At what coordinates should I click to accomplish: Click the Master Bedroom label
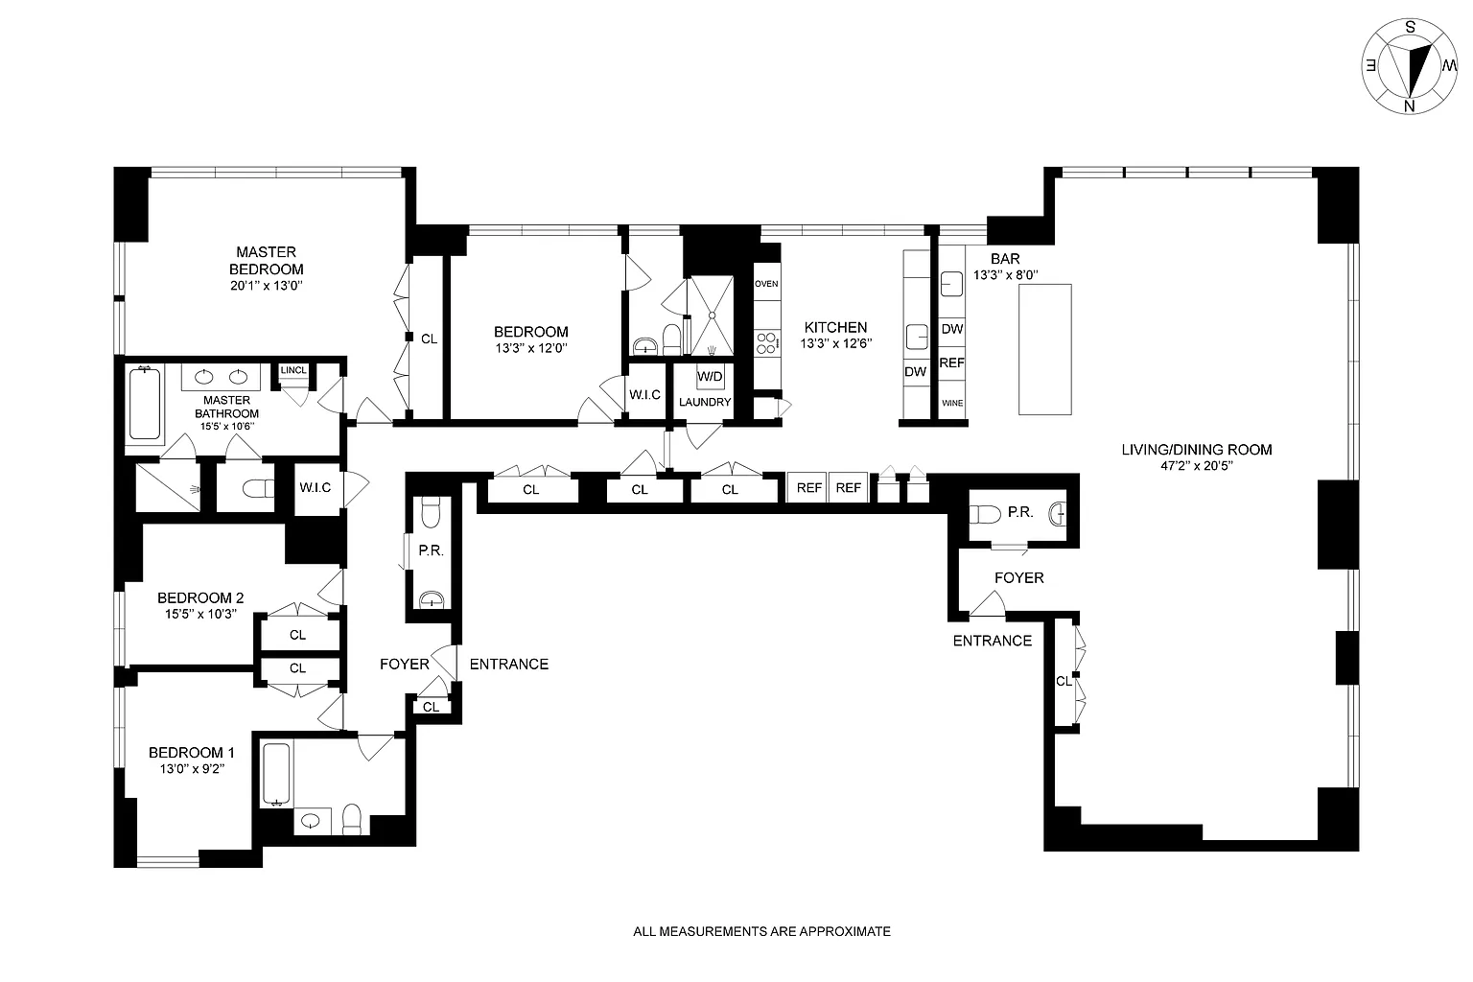[x=267, y=261]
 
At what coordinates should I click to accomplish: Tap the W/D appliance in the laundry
[x=711, y=377]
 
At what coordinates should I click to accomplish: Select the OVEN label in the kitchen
[x=766, y=284]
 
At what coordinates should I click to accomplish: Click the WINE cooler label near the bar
[x=952, y=403]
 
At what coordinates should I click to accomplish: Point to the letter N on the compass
[x=1409, y=105]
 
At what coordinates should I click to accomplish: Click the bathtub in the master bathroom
[x=145, y=405]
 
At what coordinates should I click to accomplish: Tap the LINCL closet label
[x=293, y=370]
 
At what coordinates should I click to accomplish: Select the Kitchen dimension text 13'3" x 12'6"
[x=836, y=343]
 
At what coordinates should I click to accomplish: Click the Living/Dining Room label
[x=1197, y=450]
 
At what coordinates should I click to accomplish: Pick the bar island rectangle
[x=1045, y=349]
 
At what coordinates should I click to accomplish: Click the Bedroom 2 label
[x=200, y=597]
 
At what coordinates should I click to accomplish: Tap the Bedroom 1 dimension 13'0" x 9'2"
[x=192, y=768]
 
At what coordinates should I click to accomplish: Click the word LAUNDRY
[x=705, y=402]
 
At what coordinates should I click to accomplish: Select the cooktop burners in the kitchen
[x=767, y=342]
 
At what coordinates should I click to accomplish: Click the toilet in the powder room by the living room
[x=985, y=514]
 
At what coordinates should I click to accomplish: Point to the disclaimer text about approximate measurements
[x=761, y=931]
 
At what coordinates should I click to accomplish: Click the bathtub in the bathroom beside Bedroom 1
[x=277, y=775]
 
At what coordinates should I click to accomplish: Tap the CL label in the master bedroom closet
[x=429, y=339]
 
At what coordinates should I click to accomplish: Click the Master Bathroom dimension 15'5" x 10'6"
[x=227, y=426]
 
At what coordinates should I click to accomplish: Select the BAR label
[x=1005, y=259]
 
